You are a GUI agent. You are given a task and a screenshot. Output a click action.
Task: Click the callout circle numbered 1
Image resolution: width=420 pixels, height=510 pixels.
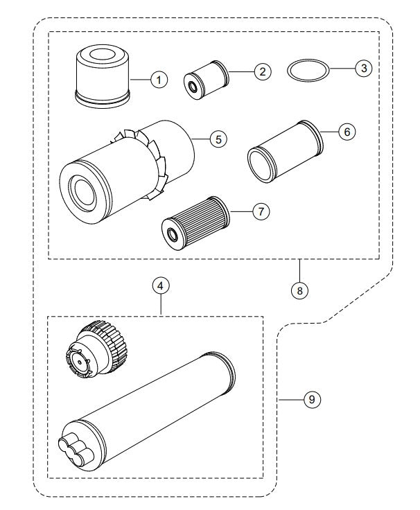point(159,80)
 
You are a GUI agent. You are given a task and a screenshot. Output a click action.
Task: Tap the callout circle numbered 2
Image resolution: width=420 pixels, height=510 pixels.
point(261,70)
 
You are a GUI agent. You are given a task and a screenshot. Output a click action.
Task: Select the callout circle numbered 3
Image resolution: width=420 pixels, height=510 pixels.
point(362,68)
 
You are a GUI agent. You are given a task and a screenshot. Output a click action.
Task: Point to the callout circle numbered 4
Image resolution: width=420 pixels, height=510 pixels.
point(161,285)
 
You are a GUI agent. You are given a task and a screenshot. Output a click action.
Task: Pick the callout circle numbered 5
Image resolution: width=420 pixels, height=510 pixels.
point(218,139)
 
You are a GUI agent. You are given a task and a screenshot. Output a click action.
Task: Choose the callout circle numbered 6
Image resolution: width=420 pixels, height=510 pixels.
point(347,132)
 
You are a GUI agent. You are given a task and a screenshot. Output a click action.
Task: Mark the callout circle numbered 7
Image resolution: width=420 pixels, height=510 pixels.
point(260,212)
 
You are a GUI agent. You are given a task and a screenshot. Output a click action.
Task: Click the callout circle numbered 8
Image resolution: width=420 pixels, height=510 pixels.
point(299,290)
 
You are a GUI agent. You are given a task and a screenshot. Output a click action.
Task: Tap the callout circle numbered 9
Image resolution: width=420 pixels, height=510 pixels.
point(313,400)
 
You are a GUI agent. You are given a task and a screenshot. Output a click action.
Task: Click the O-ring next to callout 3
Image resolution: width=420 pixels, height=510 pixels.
point(308,70)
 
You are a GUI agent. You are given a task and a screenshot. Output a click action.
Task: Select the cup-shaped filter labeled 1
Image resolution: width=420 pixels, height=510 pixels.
point(102,74)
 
